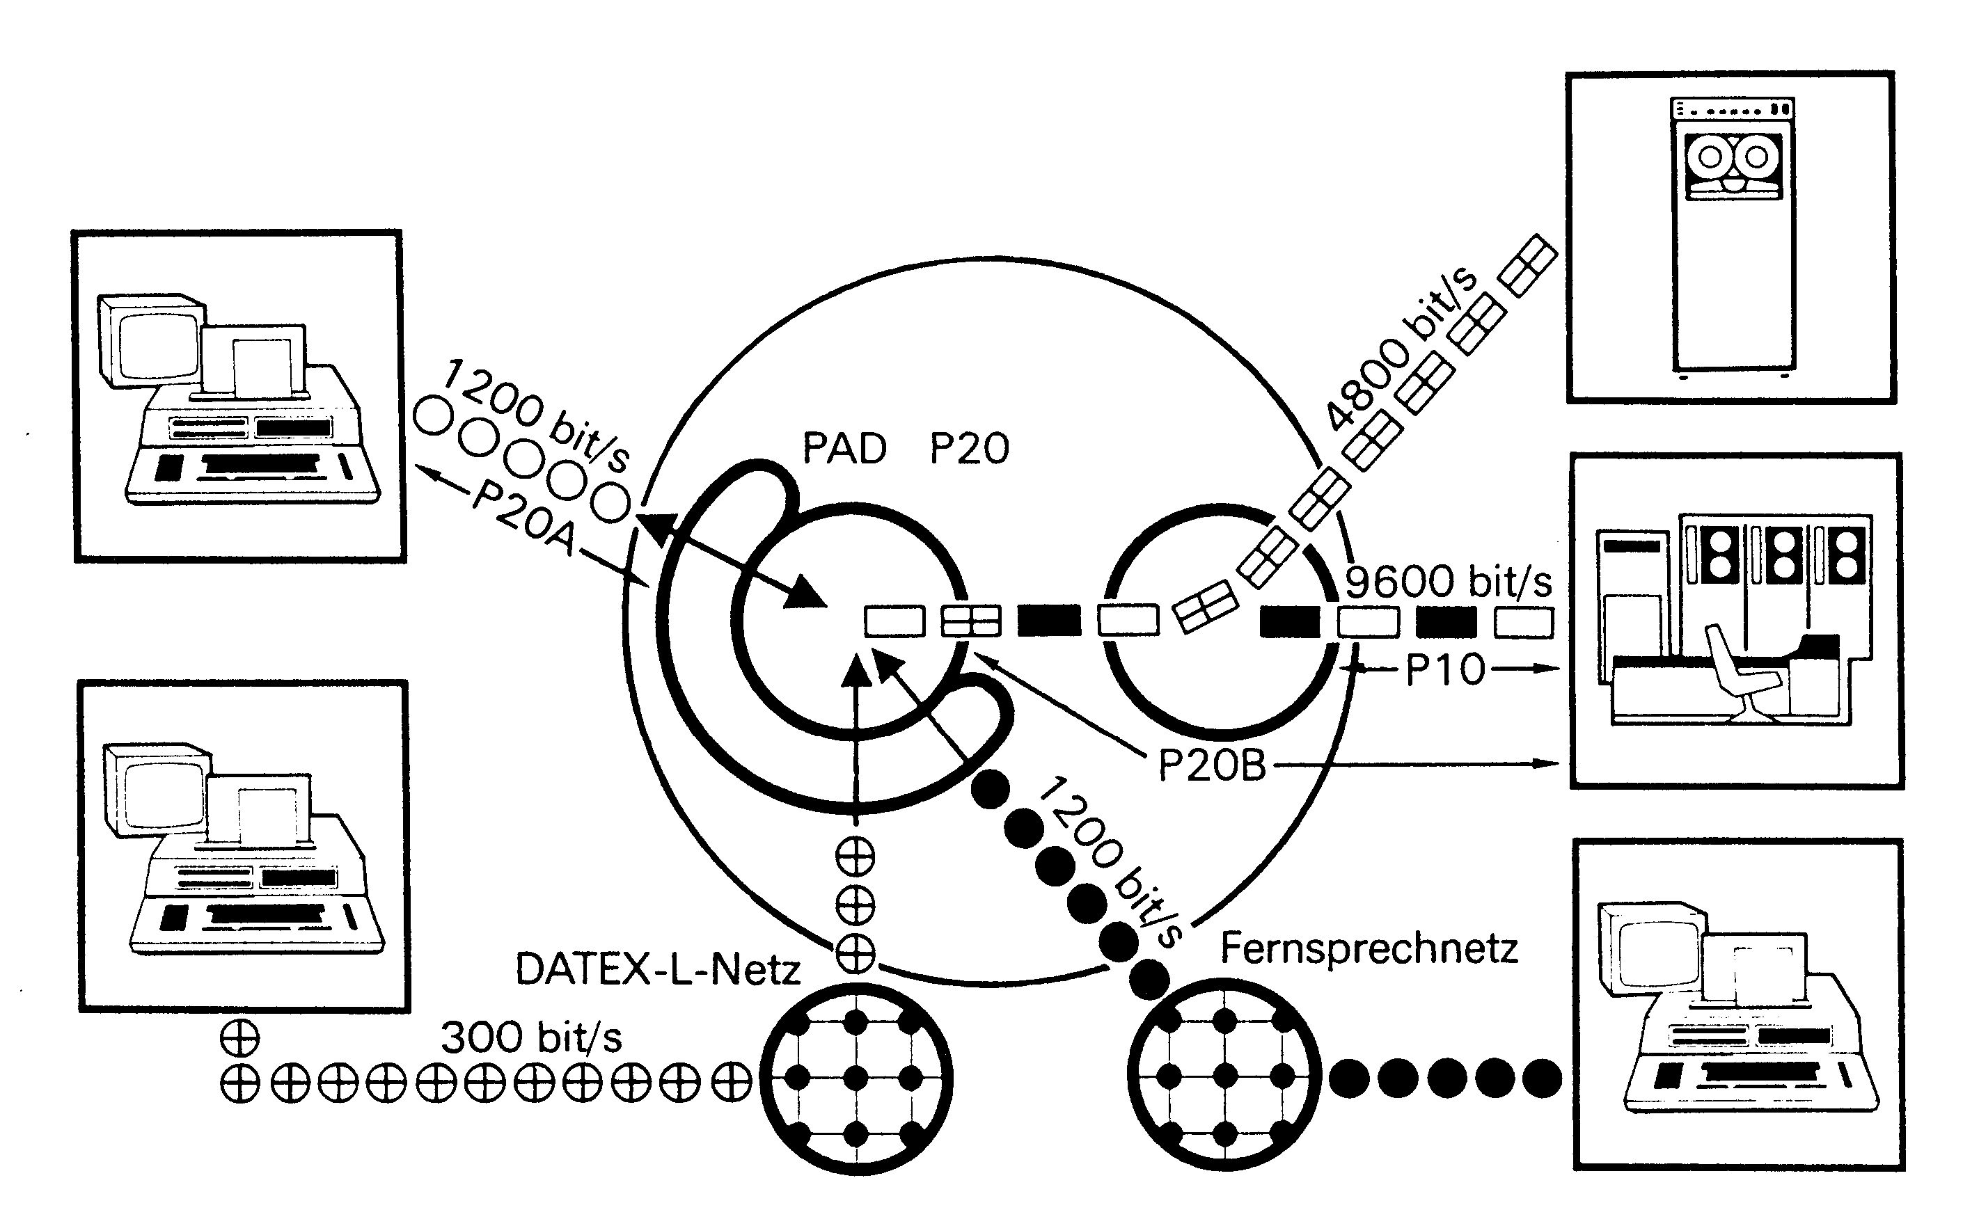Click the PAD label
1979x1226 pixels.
pos(844,448)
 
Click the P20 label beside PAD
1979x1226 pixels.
pos(969,448)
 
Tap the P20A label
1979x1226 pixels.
pos(523,520)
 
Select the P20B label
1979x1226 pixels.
pos(1212,765)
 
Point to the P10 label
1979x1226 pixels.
pos(1444,670)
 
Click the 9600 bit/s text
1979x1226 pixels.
pos(1448,582)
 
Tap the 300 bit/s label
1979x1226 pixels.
pos(531,1037)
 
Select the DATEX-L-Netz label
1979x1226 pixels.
pos(658,969)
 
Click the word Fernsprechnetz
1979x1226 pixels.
pos(1369,948)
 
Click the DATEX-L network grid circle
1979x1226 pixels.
pos(856,1078)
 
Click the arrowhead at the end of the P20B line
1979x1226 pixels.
pos(1552,764)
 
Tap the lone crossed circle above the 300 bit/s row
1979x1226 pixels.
pos(240,1037)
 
